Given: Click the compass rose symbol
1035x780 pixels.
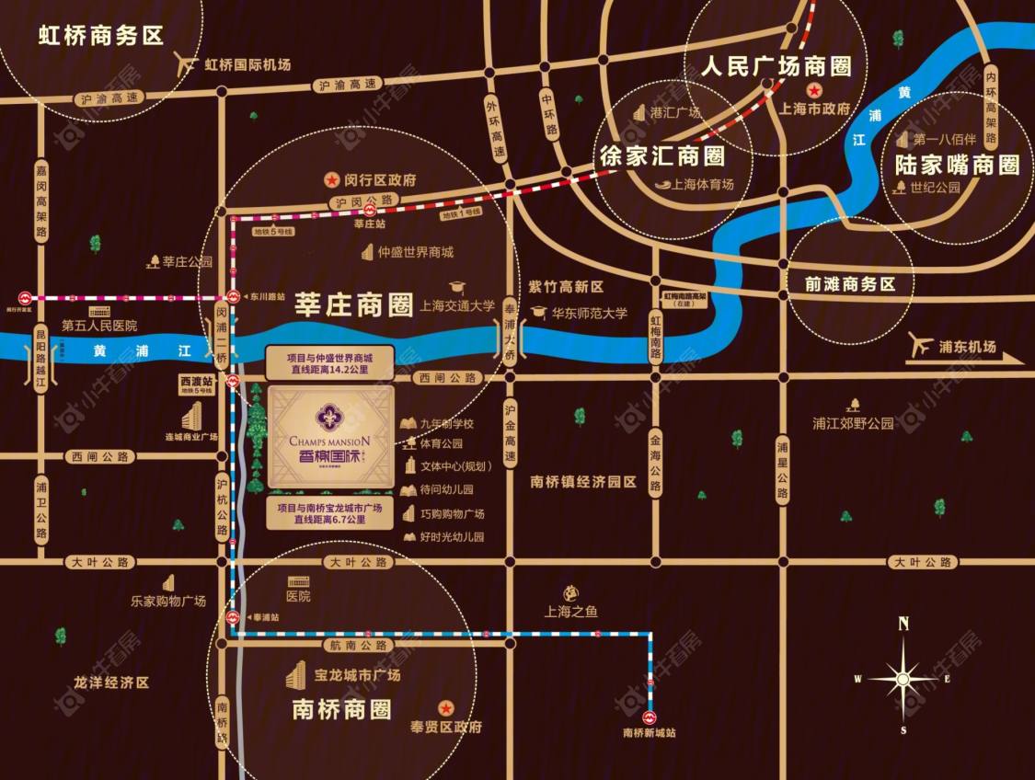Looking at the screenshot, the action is coord(903,678).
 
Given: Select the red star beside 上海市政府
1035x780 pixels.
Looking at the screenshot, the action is coord(813,90).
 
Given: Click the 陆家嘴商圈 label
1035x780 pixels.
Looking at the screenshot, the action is coord(957,165).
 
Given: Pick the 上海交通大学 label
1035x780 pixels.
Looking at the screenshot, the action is coord(456,307).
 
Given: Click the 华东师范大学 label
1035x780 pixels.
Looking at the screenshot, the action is coord(589,313).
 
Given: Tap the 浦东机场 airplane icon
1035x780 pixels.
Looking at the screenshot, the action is coord(920,344).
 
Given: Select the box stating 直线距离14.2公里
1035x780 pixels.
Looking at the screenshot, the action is coord(329,362).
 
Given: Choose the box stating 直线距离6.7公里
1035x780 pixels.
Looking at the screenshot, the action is coord(329,513).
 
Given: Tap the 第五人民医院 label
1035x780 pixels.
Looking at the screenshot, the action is coord(99,326).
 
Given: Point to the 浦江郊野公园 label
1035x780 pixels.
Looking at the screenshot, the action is coord(853,424).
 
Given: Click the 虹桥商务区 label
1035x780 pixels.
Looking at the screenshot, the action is coord(100,36).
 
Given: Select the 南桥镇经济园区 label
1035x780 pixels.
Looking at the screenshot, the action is coord(583,480).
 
